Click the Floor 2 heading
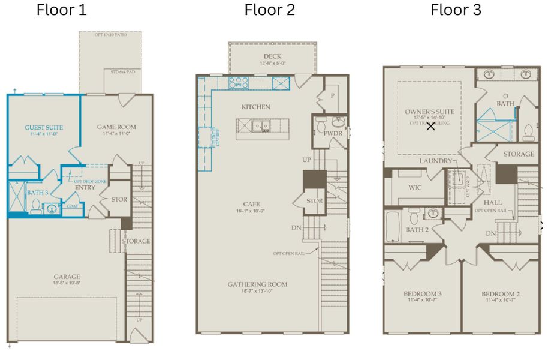pos(269,10)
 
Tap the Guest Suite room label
pos(44,127)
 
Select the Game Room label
pos(116,127)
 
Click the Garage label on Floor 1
pos(67,277)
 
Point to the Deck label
pos(272,56)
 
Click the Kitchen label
pos(255,107)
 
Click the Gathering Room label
pos(257,284)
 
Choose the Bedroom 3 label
pos(422,293)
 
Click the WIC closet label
pos(415,188)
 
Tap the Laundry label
pos(435,161)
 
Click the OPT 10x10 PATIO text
pos(110,35)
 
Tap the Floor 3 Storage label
pos(518,154)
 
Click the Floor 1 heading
pos(61,10)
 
